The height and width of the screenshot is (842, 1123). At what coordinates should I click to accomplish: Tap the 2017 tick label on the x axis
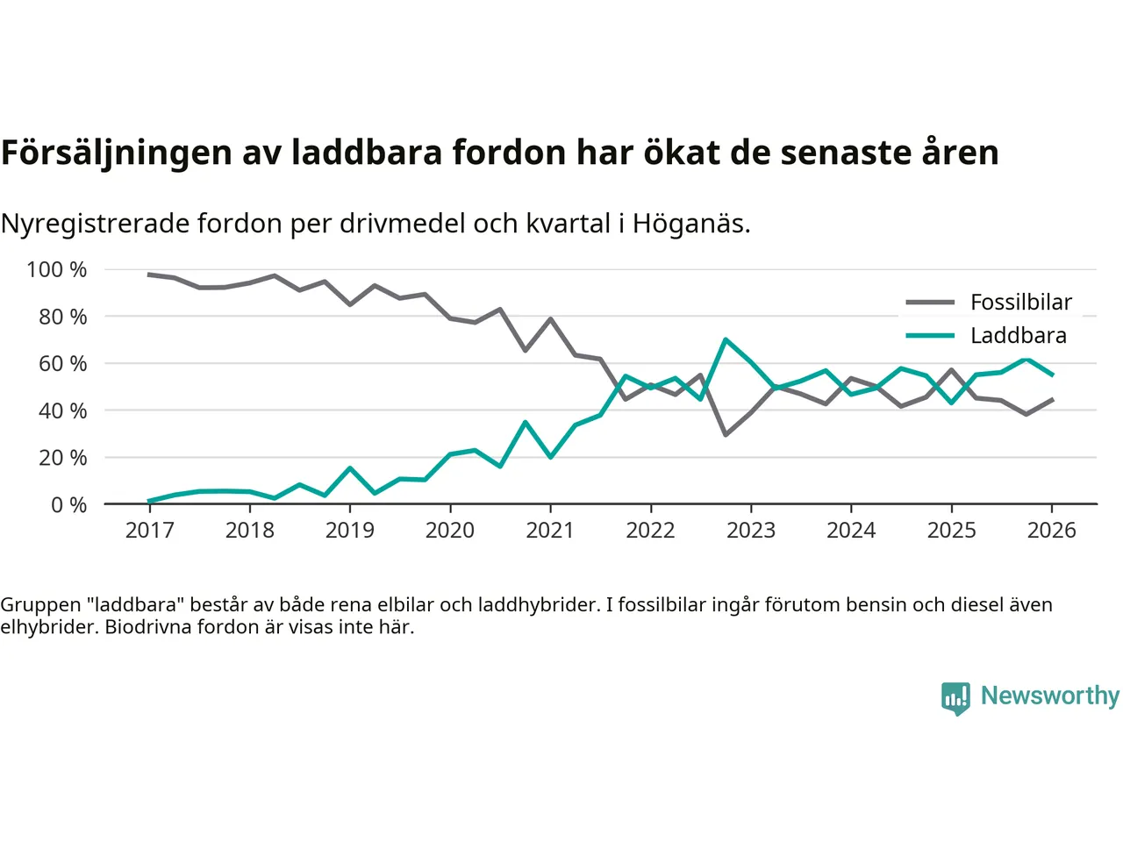(x=150, y=531)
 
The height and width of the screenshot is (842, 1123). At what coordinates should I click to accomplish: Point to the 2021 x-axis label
(x=550, y=531)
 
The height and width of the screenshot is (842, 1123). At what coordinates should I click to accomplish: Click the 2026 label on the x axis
(x=1051, y=531)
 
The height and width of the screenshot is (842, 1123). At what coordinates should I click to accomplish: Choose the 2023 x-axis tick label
(x=751, y=531)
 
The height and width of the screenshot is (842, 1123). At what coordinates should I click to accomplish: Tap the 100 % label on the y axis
(x=57, y=270)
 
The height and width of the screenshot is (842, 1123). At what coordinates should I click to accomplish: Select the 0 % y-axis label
(x=68, y=505)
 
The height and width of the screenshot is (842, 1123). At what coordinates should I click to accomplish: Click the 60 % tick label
(x=62, y=364)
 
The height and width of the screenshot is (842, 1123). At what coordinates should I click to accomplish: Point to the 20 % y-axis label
(x=62, y=458)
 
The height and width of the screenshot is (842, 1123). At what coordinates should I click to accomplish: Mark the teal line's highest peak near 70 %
(x=726, y=339)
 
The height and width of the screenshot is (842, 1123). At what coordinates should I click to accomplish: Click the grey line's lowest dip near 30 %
(x=726, y=434)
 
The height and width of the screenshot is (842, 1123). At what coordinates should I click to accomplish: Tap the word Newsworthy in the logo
(x=1050, y=696)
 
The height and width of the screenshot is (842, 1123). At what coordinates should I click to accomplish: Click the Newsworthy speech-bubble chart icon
(x=955, y=698)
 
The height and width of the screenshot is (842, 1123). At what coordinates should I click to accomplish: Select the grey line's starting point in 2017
(x=149, y=275)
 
